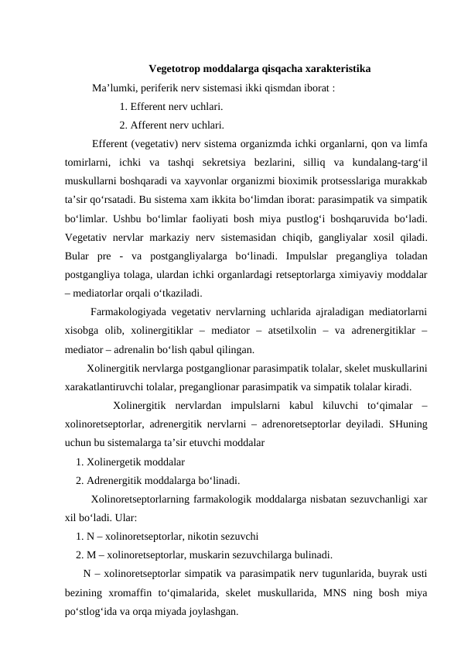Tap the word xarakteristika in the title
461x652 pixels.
coord(334,68)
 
